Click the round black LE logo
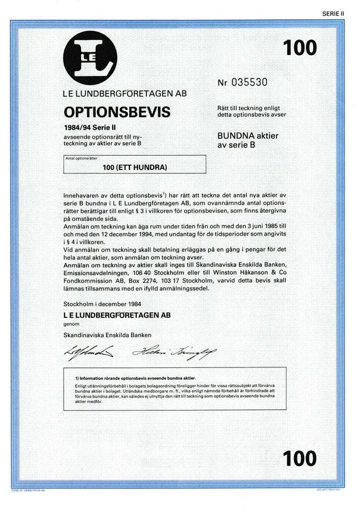pyautogui.click(x=90, y=58)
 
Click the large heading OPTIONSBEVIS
pyautogui.click(x=117, y=112)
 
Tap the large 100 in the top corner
pyautogui.click(x=300, y=48)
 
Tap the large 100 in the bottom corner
pyautogui.click(x=300, y=458)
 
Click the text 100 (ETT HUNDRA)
pyautogui.click(x=135, y=168)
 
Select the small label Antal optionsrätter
pyautogui.click(x=78, y=159)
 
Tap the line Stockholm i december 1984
pyautogui.click(x=102, y=304)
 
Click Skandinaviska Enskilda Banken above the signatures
pyautogui.click(x=108, y=335)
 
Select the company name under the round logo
pyautogui.click(x=125, y=95)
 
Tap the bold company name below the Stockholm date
pyautogui.click(x=117, y=314)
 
